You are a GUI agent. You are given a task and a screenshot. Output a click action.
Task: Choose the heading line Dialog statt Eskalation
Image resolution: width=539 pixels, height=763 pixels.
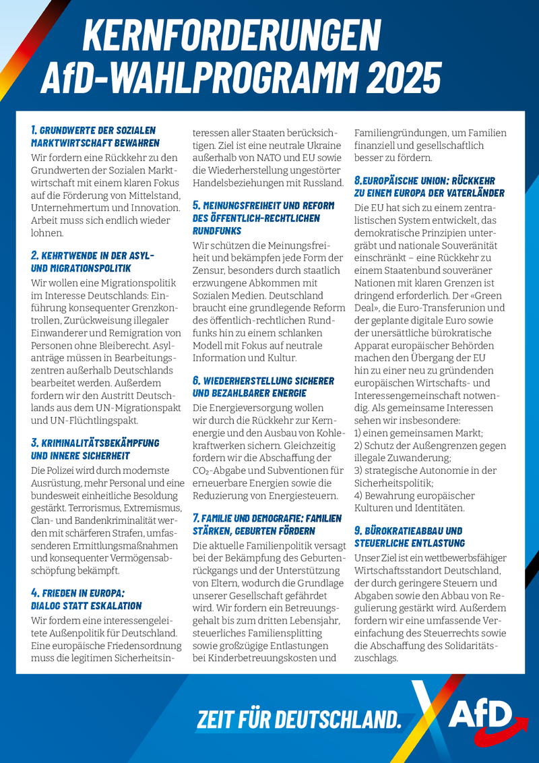pyautogui.click(x=87, y=606)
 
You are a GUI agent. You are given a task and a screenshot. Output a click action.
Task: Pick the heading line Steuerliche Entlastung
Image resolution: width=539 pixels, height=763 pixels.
pyautogui.click(x=409, y=543)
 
